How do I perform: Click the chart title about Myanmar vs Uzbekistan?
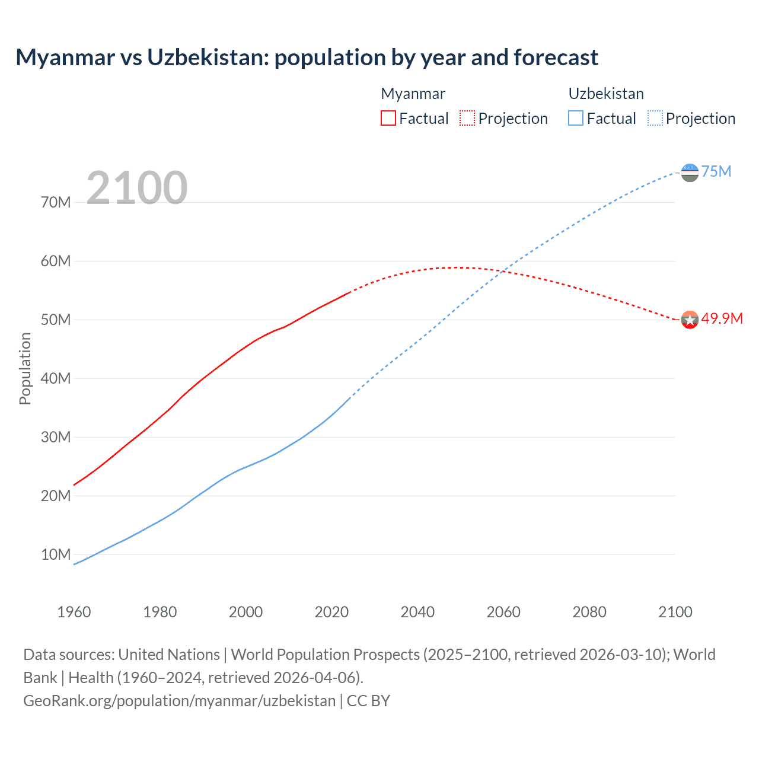[x=307, y=58]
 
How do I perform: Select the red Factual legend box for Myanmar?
[x=388, y=118]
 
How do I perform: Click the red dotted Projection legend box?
[x=467, y=118]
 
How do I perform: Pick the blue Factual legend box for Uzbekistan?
[x=576, y=118]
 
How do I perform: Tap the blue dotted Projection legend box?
[x=655, y=118]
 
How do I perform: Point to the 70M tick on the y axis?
[x=56, y=202]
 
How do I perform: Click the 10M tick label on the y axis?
[x=56, y=554]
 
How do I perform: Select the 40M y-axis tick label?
[x=56, y=378]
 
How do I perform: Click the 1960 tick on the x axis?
[x=74, y=612]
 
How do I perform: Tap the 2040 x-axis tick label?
[x=417, y=612]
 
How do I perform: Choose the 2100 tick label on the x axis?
[x=675, y=612]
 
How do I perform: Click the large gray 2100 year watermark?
[x=137, y=188]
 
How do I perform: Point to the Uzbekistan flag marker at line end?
[x=690, y=173]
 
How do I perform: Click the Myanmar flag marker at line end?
[x=690, y=320]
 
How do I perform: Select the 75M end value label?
[x=716, y=171]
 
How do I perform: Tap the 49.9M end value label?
[x=722, y=318]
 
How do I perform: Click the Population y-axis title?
[x=25, y=368]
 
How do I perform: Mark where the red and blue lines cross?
[x=502, y=272]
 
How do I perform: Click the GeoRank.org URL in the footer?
[x=180, y=700]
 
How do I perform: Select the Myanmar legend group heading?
[x=413, y=94]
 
